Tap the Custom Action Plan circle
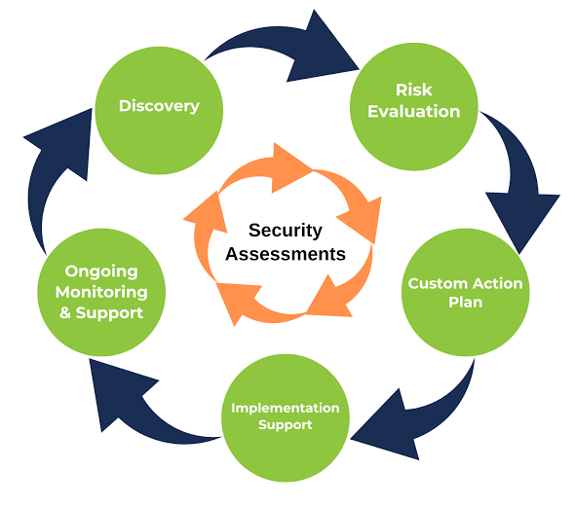pos(465,293)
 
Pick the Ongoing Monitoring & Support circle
pos(100,291)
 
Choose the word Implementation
pos(285,407)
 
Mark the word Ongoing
pos(100,271)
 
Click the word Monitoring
pos(100,292)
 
